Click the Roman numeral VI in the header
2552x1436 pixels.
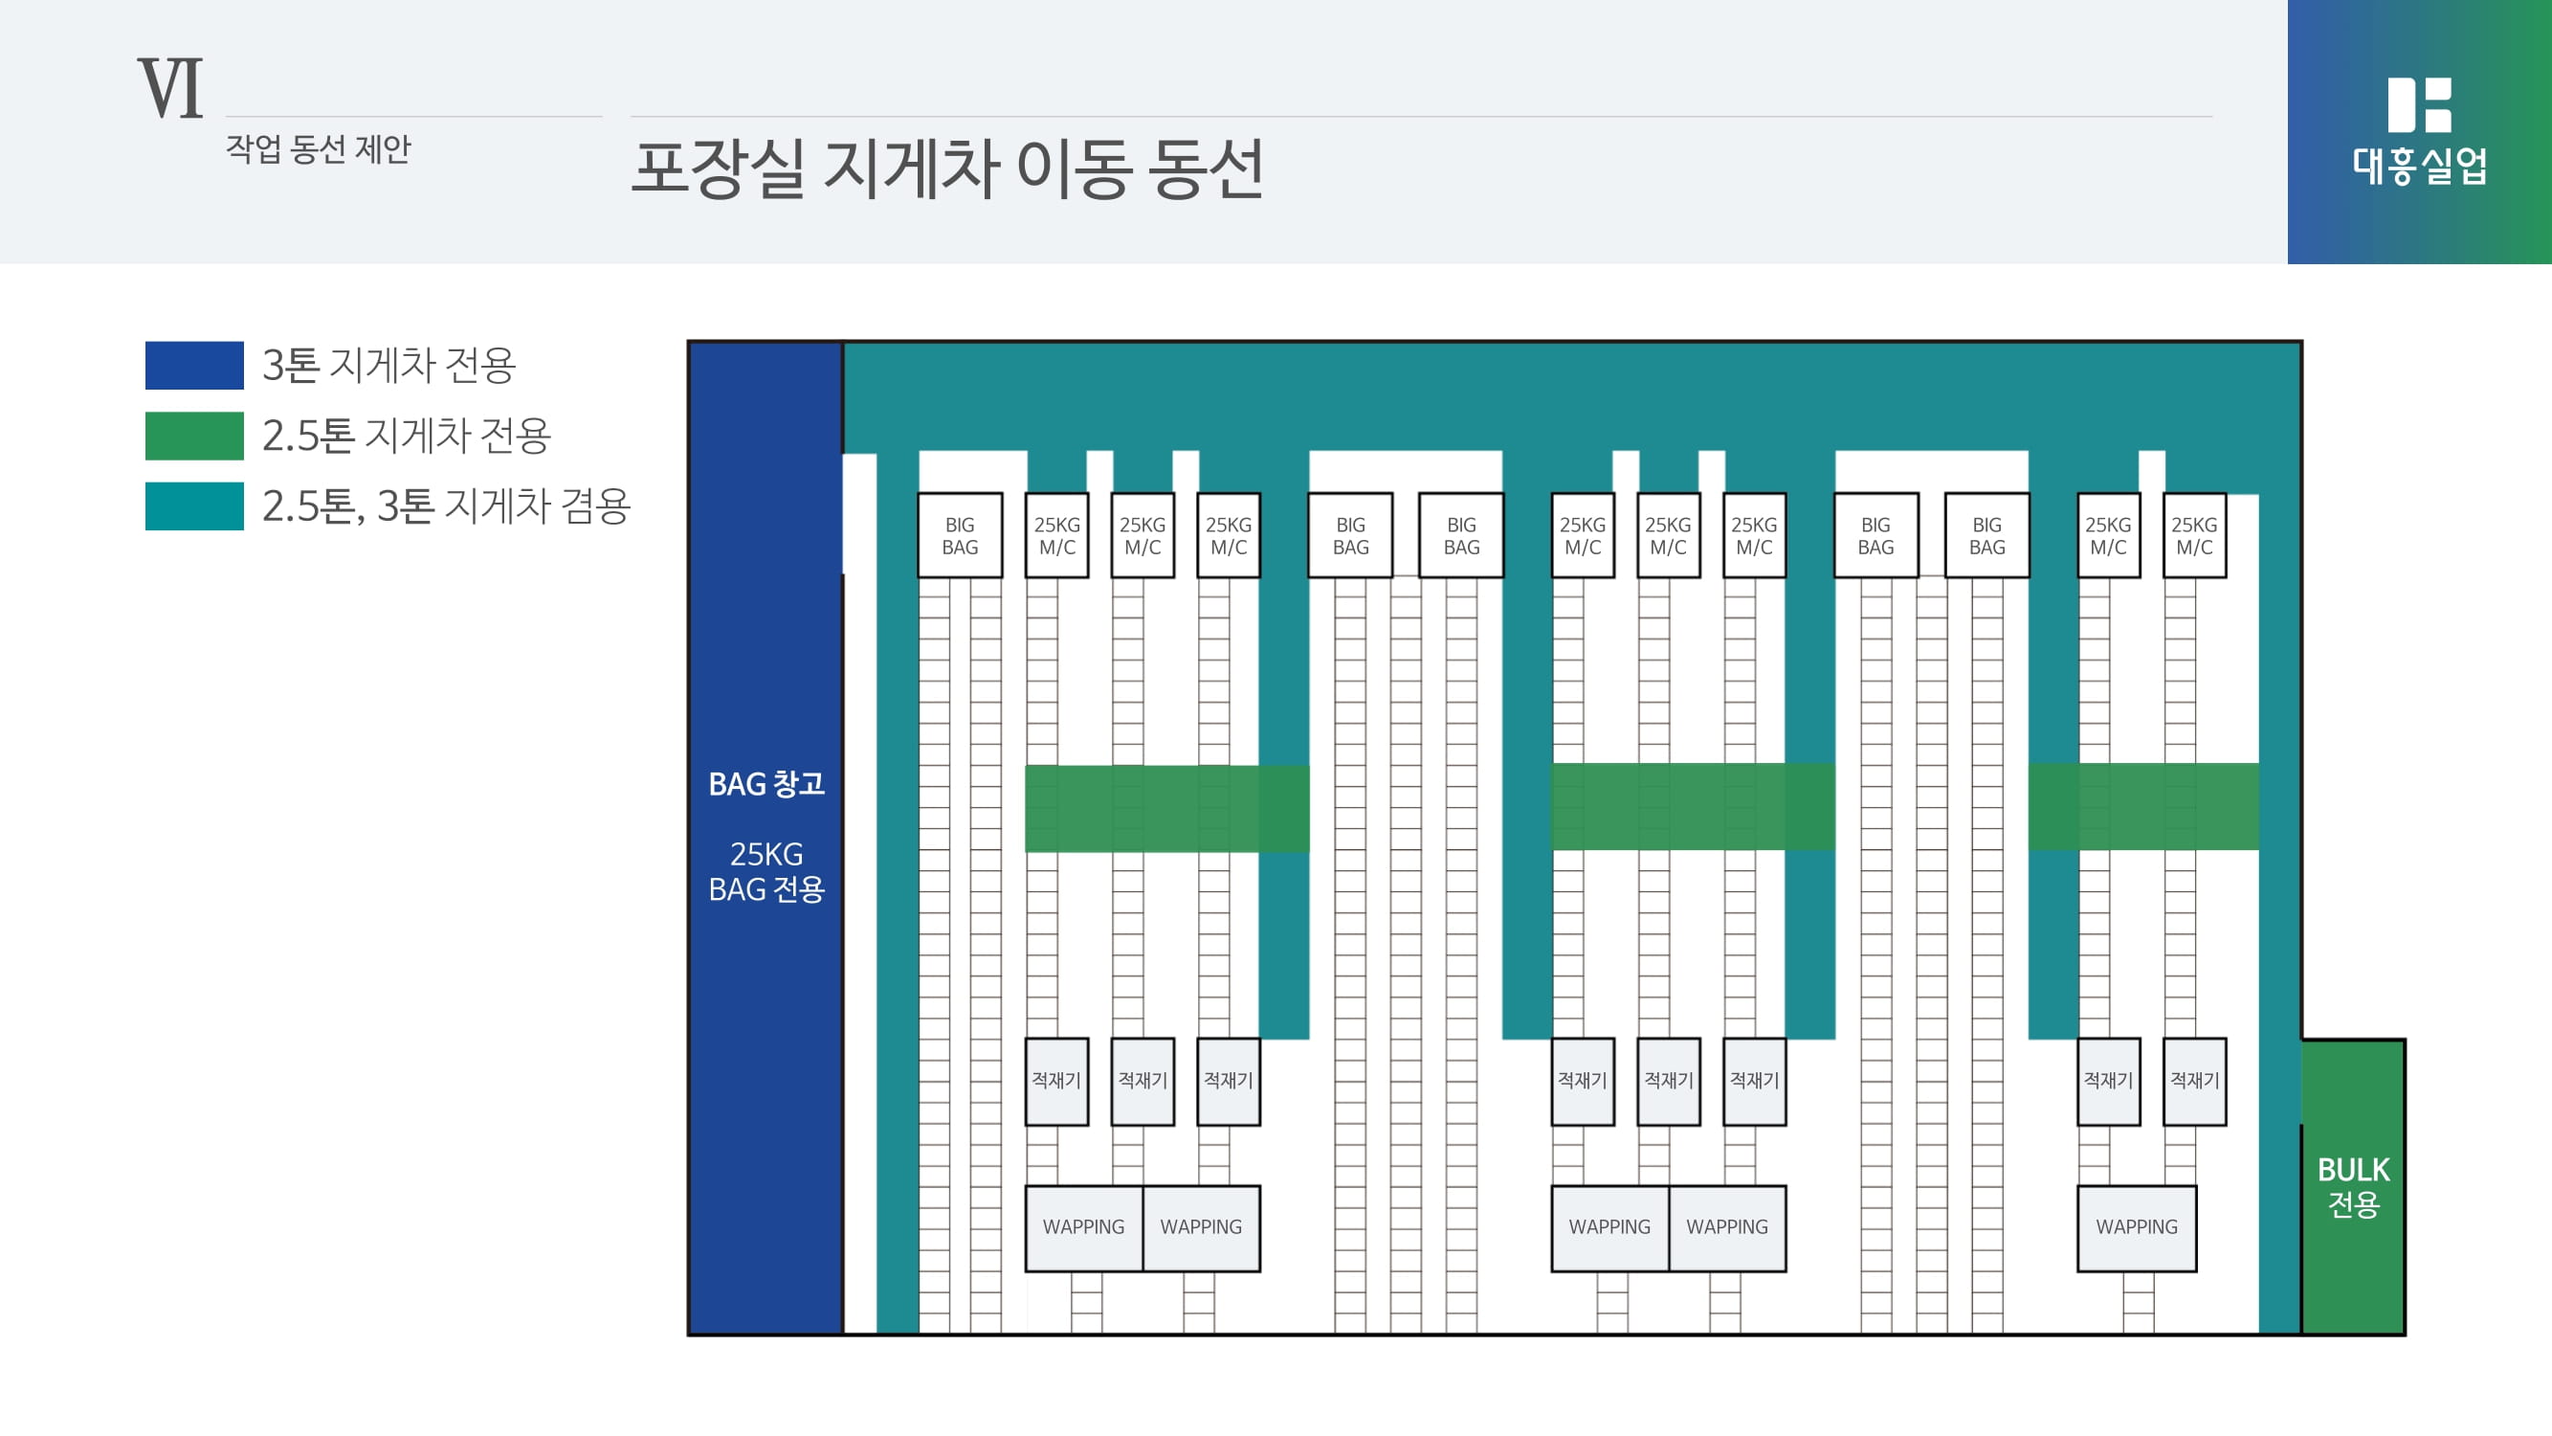[x=170, y=88]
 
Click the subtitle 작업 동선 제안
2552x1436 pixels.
[x=317, y=149]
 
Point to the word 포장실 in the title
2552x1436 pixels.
[x=717, y=168]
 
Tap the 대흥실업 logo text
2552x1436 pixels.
[x=2419, y=166]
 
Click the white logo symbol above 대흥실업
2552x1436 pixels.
[x=2419, y=104]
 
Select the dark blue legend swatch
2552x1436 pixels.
[x=194, y=366]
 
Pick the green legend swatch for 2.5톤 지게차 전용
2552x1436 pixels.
[x=194, y=436]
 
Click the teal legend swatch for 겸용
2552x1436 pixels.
[x=194, y=506]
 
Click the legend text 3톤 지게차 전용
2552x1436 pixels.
[x=388, y=366]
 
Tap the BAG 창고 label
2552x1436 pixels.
[x=766, y=784]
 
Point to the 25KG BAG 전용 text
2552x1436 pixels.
[x=766, y=872]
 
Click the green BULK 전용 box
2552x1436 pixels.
[x=2353, y=1187]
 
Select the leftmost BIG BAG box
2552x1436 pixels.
[x=959, y=535]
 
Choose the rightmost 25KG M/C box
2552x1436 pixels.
[x=2193, y=535]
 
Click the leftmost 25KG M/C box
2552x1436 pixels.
[x=1056, y=535]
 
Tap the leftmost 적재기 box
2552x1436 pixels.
[x=1056, y=1081]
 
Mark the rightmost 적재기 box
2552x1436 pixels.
[x=2193, y=1081]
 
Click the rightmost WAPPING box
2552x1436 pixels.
[x=2136, y=1228]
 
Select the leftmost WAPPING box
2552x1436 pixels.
[x=1083, y=1228]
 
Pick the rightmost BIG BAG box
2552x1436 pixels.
[x=1986, y=535]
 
